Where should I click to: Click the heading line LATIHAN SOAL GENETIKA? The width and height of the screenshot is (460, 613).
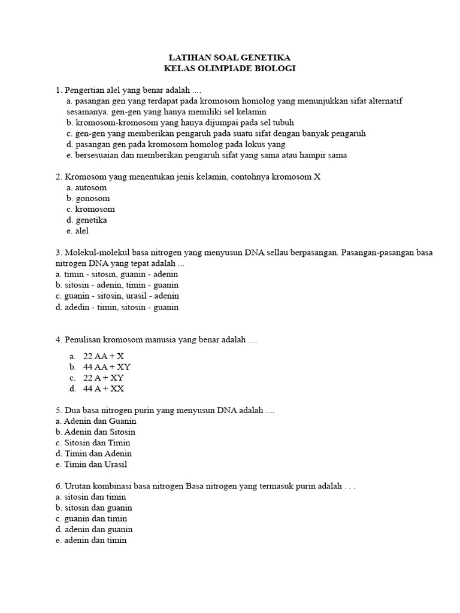[x=230, y=57]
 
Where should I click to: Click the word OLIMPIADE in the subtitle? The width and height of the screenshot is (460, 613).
[x=230, y=68]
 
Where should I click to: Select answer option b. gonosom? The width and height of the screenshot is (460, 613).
[x=88, y=198]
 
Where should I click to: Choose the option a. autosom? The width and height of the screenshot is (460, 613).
[x=87, y=187]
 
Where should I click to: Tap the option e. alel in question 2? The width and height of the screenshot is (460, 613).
[x=78, y=231]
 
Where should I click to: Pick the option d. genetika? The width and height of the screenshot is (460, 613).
[x=87, y=220]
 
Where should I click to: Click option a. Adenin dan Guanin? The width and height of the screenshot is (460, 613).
[x=96, y=421]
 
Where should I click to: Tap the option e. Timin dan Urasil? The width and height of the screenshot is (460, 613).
[x=91, y=465]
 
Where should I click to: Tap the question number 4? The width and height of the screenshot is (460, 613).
[x=58, y=339]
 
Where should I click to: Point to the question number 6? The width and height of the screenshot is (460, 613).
[x=58, y=485]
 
